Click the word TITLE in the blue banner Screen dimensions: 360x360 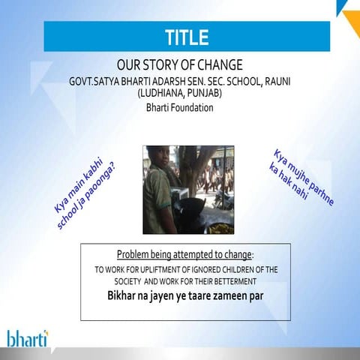[187, 36]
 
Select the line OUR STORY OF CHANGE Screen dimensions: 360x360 [180, 64]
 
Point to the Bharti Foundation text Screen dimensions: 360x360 [180, 107]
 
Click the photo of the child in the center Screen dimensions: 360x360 [188, 190]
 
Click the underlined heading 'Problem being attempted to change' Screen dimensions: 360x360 [184, 253]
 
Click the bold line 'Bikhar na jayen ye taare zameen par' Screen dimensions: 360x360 [184, 295]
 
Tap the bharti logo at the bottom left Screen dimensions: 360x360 [27, 337]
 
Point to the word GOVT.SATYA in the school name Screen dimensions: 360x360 [98, 80]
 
